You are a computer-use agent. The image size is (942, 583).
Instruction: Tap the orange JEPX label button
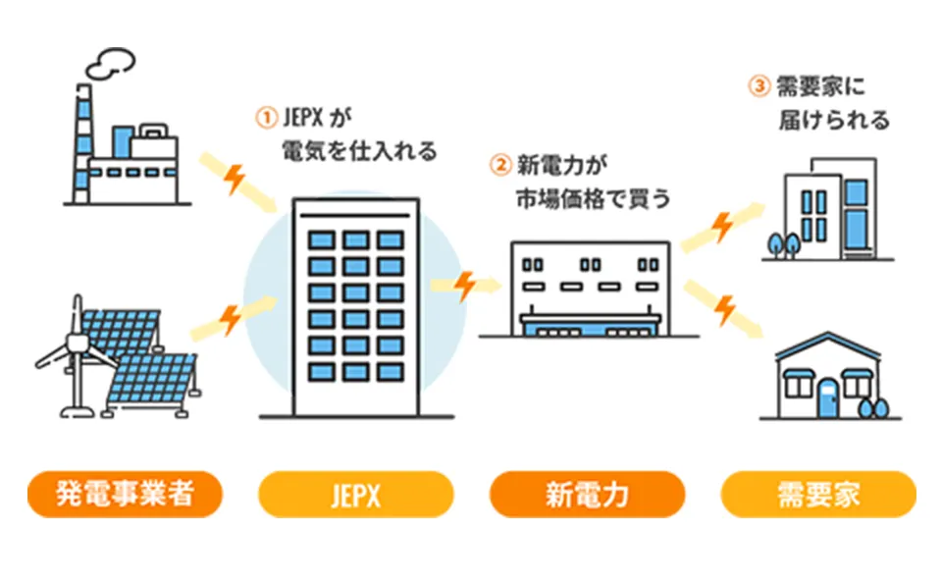tap(355, 495)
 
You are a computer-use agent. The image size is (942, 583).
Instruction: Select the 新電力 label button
tap(586, 495)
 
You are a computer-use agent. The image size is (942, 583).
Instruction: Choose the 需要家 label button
tap(818, 495)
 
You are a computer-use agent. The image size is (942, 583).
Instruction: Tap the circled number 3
tap(758, 86)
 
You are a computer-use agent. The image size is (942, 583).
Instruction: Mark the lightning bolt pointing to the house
tap(725, 310)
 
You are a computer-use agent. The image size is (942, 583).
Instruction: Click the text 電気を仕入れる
tap(358, 152)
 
